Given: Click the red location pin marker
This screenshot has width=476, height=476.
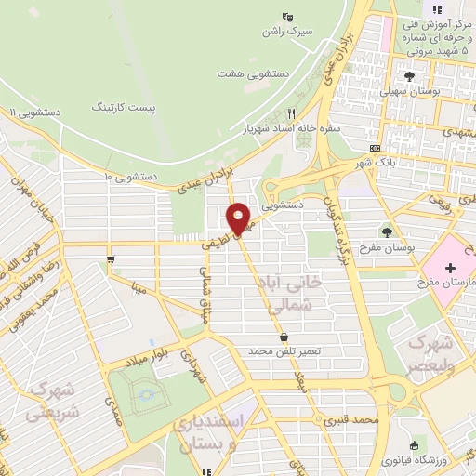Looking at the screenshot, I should pos(240,218).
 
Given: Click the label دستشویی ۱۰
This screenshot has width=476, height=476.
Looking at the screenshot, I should pos(130,175).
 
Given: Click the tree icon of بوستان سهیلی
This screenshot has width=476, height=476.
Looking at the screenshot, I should pos(408,73).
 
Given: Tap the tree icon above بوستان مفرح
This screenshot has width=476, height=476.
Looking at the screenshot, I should pos(388,232).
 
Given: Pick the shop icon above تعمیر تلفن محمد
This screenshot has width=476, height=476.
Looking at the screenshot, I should pos(283,337).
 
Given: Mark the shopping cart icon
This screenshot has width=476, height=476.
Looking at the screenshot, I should pos(112,259).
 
